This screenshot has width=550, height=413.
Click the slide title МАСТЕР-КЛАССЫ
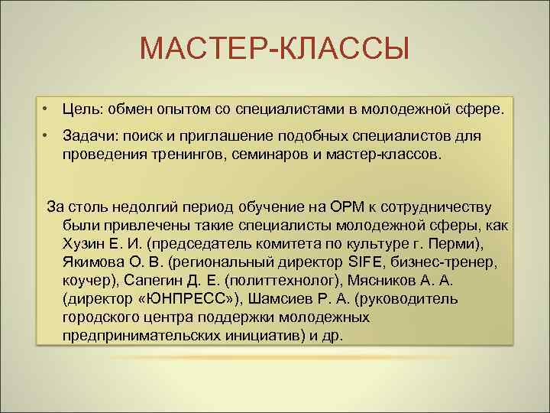pyautogui.click(x=275, y=50)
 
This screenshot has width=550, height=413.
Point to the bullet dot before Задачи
pyautogui.click(x=47, y=135)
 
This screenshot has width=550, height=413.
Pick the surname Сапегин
pyautogui.click(x=151, y=281)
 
